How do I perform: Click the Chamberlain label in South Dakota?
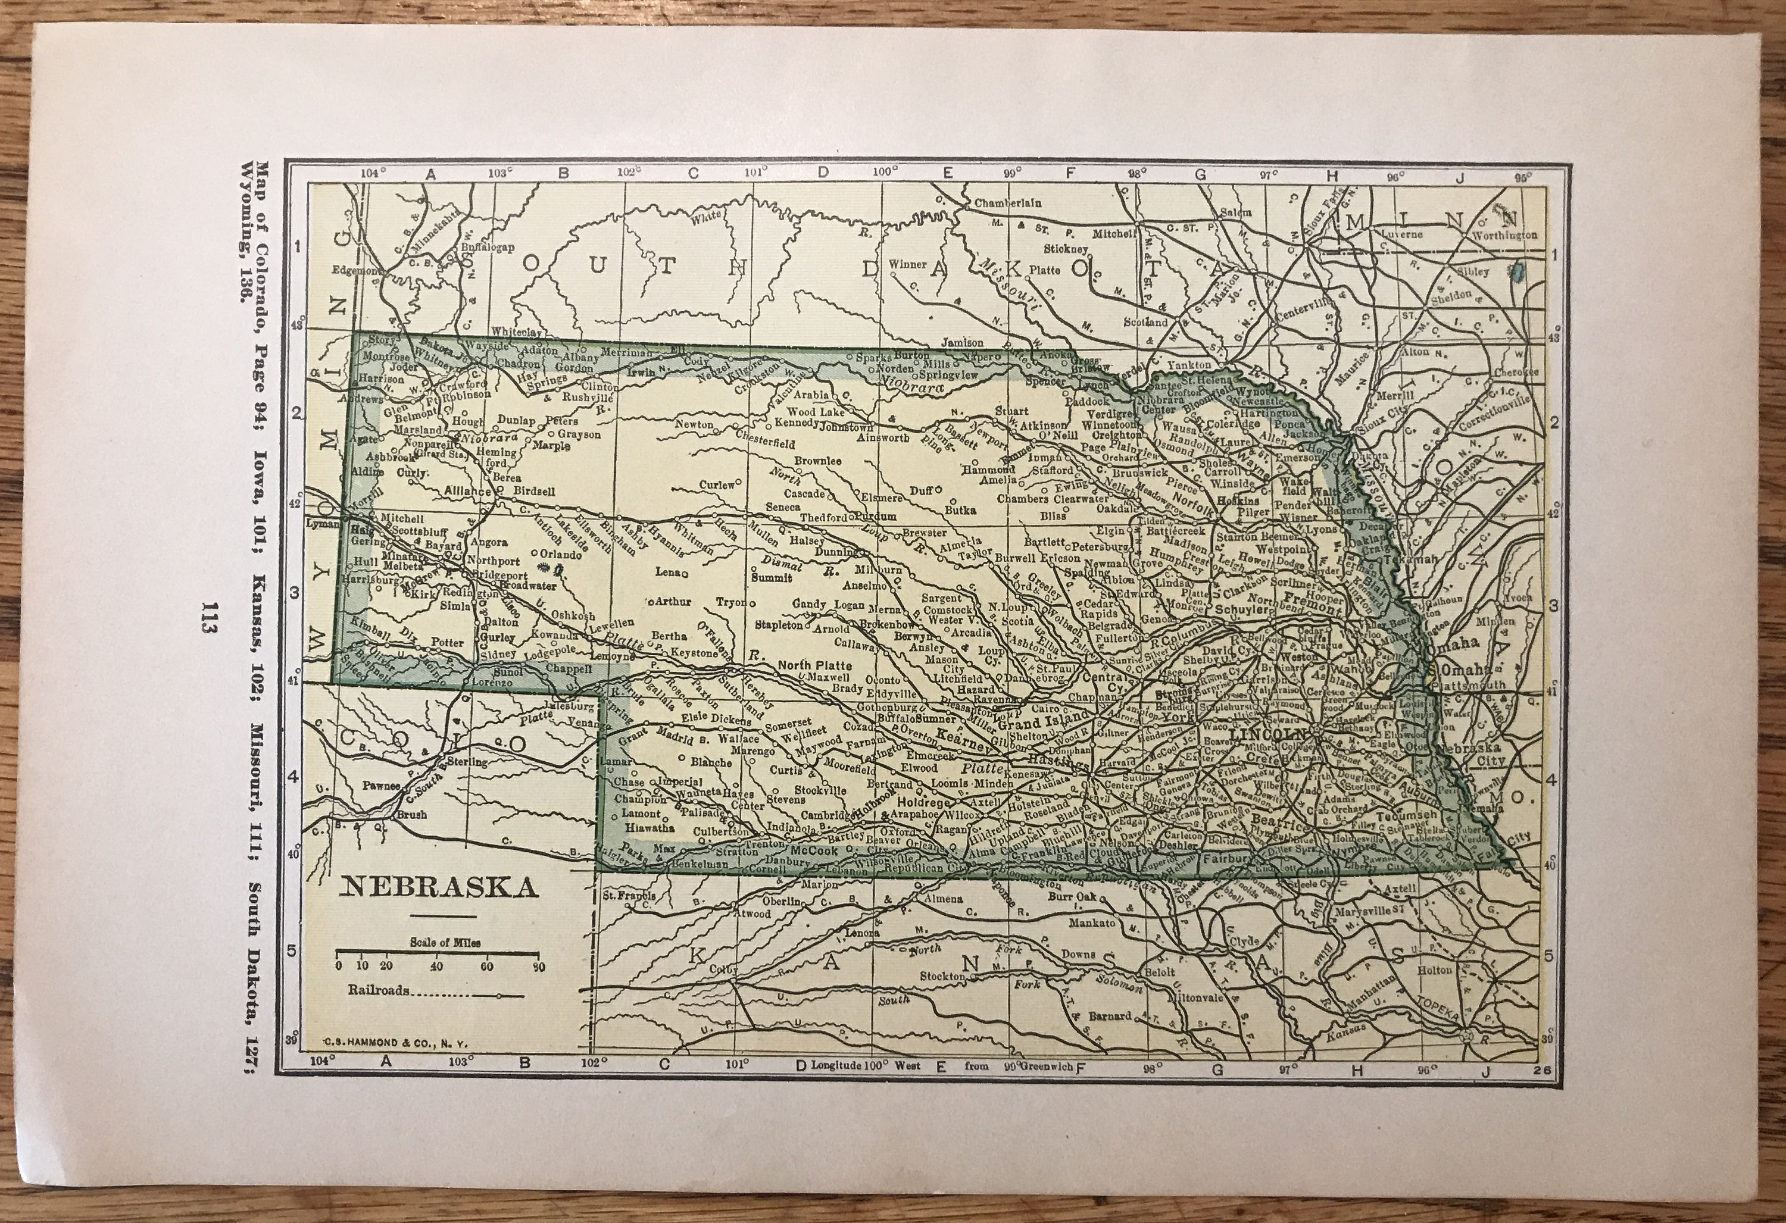pyautogui.click(x=1007, y=204)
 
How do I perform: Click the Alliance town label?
pyautogui.click(x=467, y=491)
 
